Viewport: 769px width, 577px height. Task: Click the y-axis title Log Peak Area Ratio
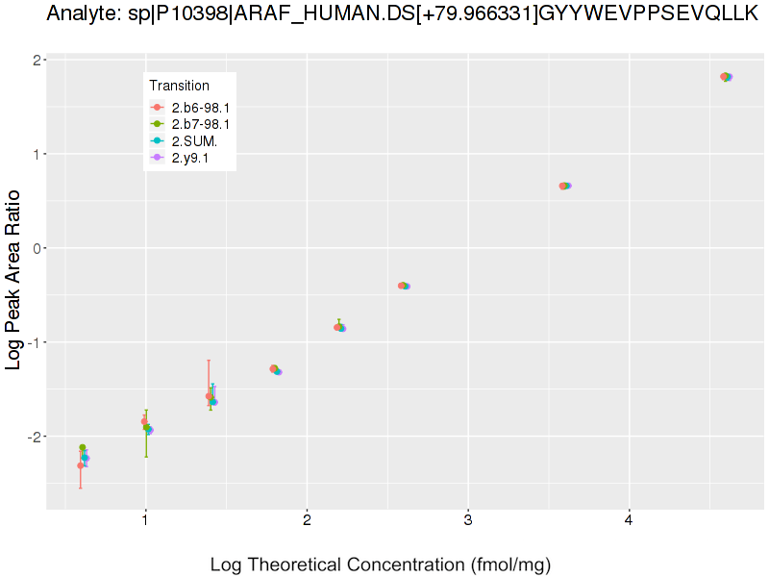14,280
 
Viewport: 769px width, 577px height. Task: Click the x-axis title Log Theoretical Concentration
381,564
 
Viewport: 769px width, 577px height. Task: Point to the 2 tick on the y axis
35,60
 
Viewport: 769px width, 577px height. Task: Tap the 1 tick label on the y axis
35,154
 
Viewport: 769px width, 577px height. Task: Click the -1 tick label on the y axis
32,342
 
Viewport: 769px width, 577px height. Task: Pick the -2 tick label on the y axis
32,437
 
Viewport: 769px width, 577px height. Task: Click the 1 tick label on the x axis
145,521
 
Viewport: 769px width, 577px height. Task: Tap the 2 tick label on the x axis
307,521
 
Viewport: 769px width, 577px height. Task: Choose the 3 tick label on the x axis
467,521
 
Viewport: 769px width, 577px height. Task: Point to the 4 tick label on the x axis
629,521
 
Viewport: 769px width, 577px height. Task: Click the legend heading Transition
180,86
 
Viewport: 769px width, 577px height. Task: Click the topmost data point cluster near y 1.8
727,77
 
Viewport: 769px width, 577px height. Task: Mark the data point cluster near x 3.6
565,186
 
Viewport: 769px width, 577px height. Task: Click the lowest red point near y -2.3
81,465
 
